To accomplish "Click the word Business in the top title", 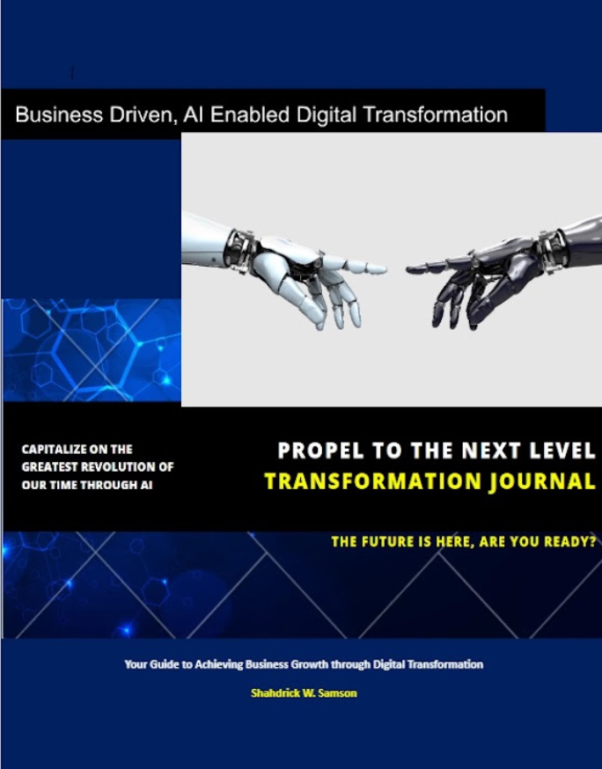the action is tap(59, 114).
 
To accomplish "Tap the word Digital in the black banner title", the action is tap(325, 114).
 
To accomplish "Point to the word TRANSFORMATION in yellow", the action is tap(373, 481).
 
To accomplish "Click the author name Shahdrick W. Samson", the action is tap(304, 693).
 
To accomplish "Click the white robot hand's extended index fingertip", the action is tap(384, 268).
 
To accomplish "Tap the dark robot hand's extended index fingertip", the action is tap(409, 268).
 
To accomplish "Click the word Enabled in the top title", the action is tap(250, 114).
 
